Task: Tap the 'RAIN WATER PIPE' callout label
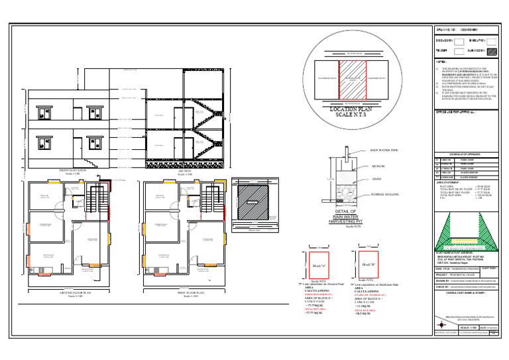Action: click(384, 152)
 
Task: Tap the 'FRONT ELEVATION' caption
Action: click(59, 171)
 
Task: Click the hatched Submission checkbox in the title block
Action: click(492, 50)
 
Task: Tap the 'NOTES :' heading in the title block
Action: click(440, 60)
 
